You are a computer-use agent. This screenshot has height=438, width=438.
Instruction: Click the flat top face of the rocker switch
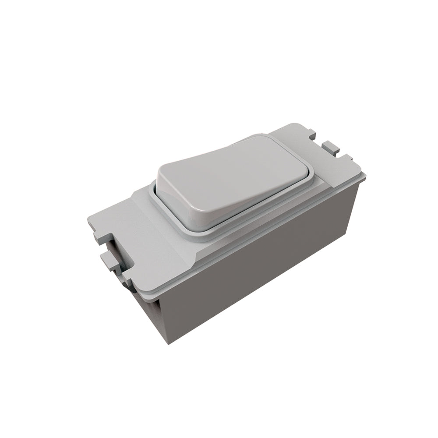pos(237,171)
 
